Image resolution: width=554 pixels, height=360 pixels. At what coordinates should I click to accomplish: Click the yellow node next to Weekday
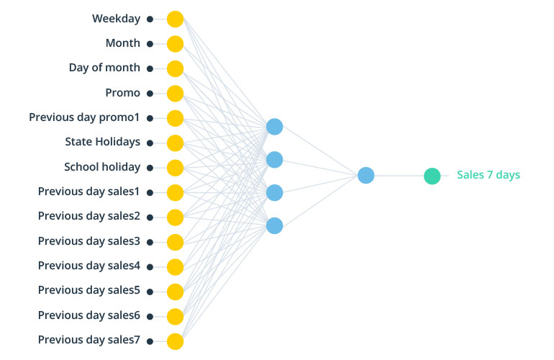tap(175, 19)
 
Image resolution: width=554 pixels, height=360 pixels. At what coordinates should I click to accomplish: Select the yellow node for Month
tap(175, 44)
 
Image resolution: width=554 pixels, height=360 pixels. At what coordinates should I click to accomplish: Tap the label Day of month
tap(104, 68)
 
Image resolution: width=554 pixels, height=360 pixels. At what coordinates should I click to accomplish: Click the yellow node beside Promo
tap(175, 94)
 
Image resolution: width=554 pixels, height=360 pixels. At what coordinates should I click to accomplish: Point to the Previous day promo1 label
tap(84, 117)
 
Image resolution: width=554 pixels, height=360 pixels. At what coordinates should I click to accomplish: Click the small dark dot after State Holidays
tap(150, 143)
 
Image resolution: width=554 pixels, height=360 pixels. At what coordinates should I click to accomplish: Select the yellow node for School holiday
tap(175, 168)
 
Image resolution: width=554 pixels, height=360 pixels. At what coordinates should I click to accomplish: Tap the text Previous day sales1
tap(89, 192)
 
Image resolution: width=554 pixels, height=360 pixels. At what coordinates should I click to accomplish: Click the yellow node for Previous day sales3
tap(175, 242)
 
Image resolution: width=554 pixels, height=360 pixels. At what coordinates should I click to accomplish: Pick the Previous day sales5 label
tap(89, 290)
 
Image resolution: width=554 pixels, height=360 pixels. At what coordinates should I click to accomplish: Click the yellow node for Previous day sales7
tap(175, 341)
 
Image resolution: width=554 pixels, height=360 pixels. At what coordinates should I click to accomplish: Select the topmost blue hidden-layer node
tap(274, 127)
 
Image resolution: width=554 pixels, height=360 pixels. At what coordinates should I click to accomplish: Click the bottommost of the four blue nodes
tap(274, 225)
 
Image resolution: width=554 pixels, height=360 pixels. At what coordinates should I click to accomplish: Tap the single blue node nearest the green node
tap(365, 175)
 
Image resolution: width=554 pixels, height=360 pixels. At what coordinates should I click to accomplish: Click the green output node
tap(432, 176)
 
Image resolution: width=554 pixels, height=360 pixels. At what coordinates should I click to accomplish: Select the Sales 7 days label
tap(488, 175)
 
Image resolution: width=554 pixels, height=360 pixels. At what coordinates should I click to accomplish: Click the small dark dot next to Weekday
tap(150, 19)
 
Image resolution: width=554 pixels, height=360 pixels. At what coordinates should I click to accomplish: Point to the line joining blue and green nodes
tap(399, 176)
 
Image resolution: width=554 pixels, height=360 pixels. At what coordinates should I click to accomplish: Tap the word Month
tap(123, 43)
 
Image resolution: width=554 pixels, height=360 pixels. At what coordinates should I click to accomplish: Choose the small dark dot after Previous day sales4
tap(150, 266)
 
